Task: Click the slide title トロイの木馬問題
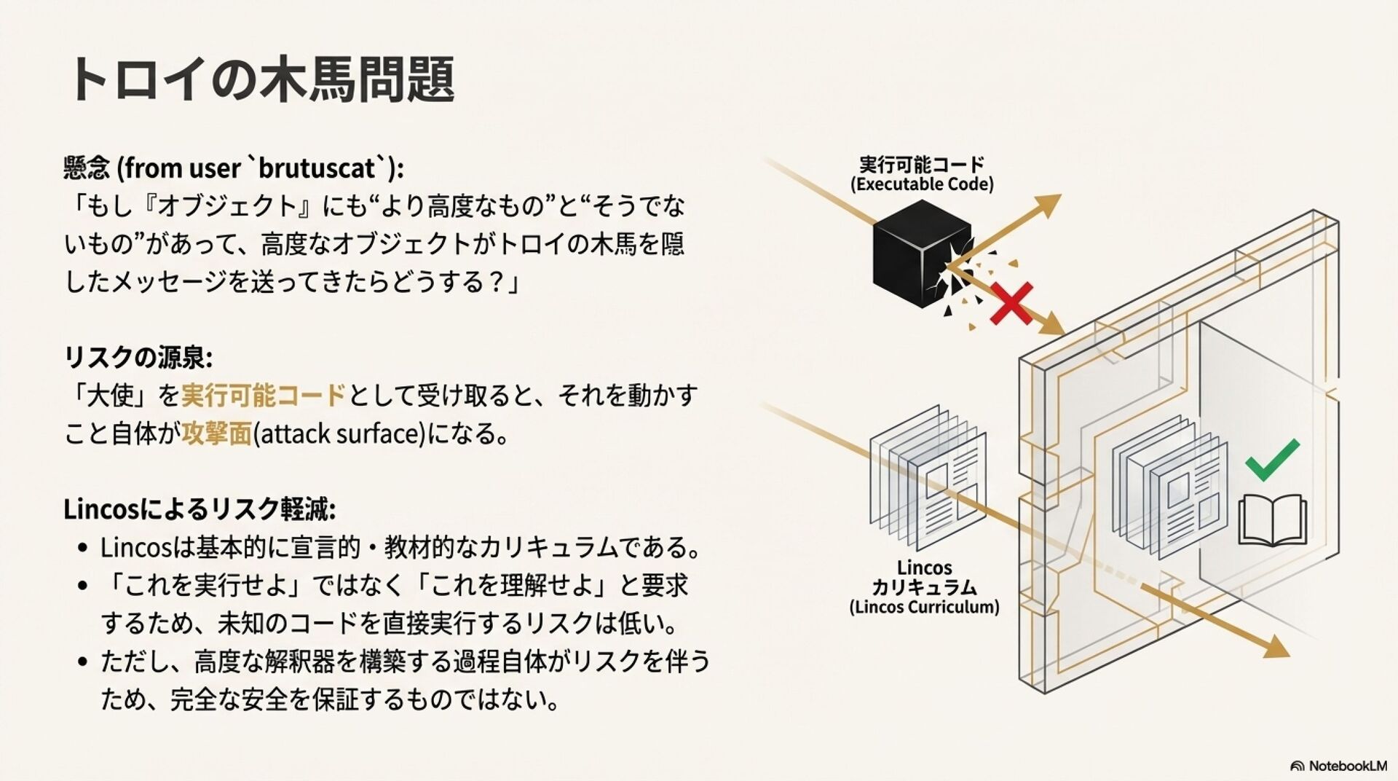262,79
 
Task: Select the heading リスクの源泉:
138,357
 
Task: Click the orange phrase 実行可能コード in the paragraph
263,396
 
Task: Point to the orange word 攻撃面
216,433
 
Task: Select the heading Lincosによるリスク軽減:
200,509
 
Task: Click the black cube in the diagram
919,253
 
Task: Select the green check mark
1271,460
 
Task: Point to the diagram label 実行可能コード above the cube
921,163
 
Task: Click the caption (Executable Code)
921,184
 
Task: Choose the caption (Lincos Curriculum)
924,607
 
